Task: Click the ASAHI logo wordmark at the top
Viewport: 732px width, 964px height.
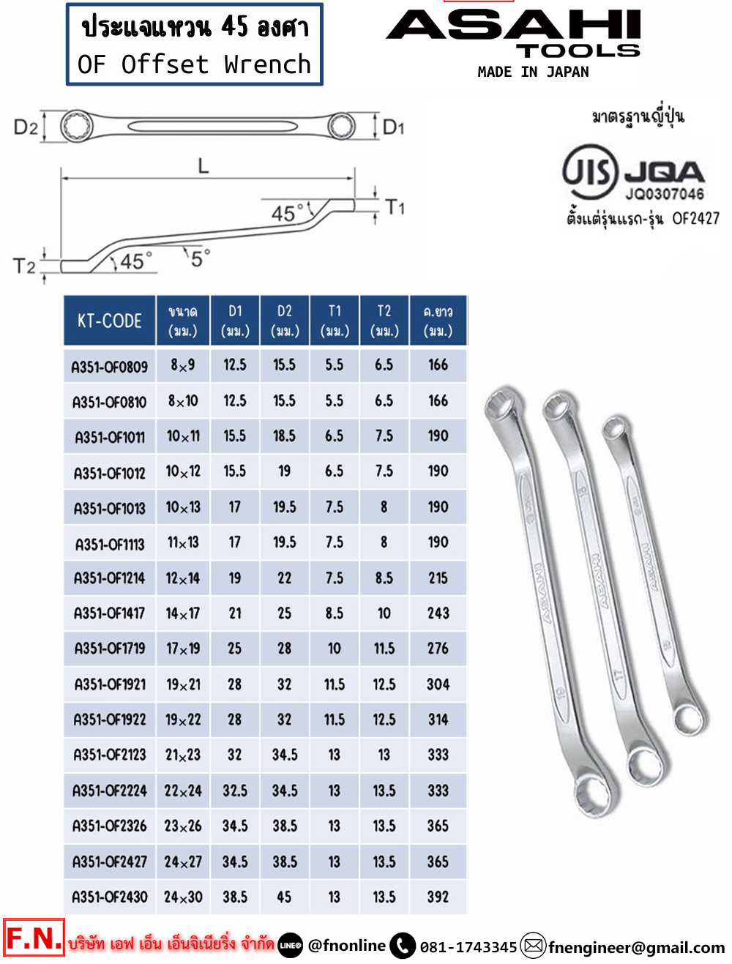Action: (x=513, y=25)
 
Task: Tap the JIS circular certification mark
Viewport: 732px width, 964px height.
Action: (x=589, y=172)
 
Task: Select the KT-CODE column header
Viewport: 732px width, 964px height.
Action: (x=109, y=321)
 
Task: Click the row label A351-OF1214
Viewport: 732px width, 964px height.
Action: (x=109, y=578)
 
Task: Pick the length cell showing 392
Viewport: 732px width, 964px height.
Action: (x=438, y=897)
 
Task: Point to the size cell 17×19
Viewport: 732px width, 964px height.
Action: (x=183, y=649)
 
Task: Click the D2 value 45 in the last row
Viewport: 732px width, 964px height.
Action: (x=284, y=897)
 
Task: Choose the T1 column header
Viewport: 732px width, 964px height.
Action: (x=335, y=321)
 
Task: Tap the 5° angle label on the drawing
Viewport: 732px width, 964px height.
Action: (x=201, y=258)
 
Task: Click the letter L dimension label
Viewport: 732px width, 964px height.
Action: (x=203, y=166)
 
